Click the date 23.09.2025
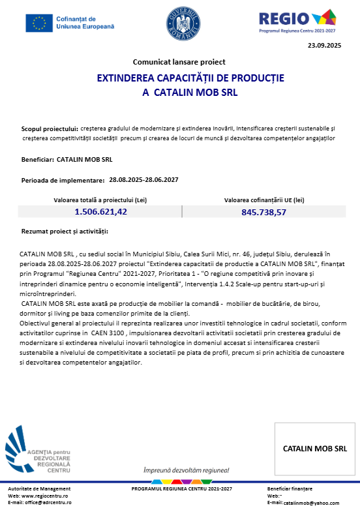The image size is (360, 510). [x=324, y=46]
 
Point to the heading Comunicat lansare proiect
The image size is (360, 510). [x=179, y=62]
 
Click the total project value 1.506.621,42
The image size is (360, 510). [x=100, y=211]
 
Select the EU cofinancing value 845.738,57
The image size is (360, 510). [x=263, y=212]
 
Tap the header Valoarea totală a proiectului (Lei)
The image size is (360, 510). [x=100, y=200]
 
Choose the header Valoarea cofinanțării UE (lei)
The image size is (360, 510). [x=264, y=200]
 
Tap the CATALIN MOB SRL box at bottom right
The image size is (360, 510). [x=314, y=449]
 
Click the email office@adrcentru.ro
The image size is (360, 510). [x=49, y=503]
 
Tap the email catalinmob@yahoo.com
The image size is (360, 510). [x=316, y=503]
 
